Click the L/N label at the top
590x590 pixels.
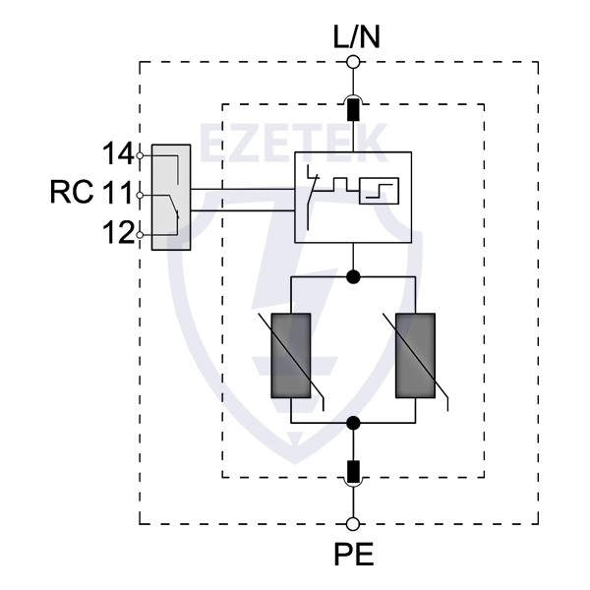point(354,38)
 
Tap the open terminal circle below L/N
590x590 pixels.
point(354,62)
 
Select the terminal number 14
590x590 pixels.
point(118,153)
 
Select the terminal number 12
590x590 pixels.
point(118,233)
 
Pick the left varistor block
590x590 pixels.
point(290,356)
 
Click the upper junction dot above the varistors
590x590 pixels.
point(354,278)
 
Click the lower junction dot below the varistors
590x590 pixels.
point(354,423)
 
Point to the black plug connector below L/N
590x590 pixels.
point(354,106)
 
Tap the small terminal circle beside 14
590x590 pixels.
point(141,154)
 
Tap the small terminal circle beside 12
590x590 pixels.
point(141,234)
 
